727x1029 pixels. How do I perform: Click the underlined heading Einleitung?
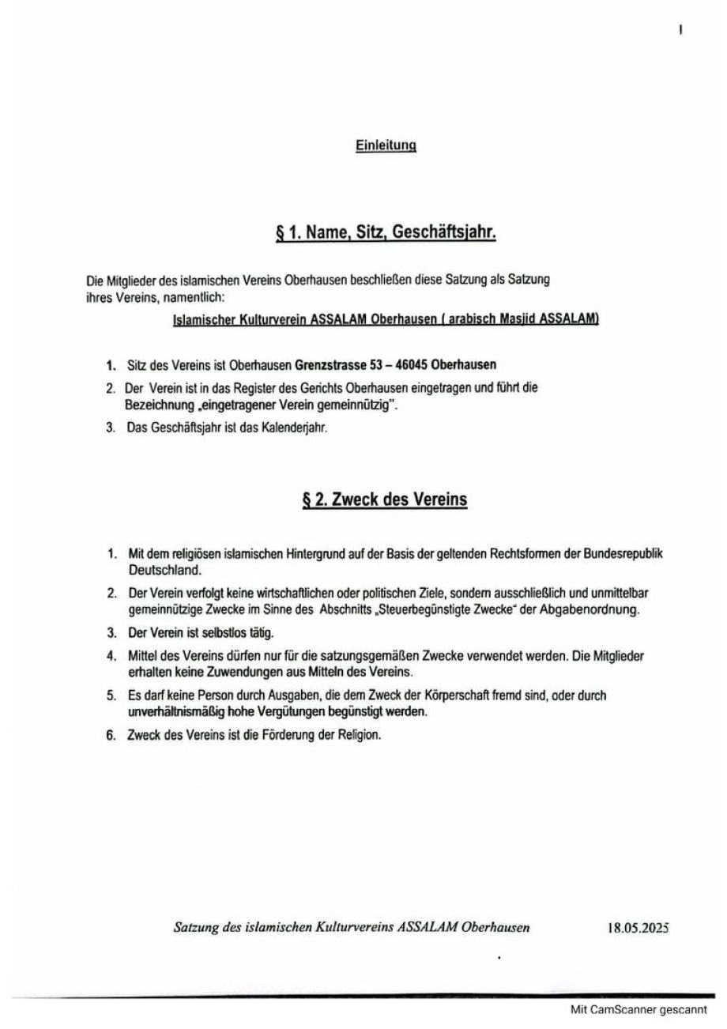(386, 145)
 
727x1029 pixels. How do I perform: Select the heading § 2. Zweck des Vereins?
(385, 500)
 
